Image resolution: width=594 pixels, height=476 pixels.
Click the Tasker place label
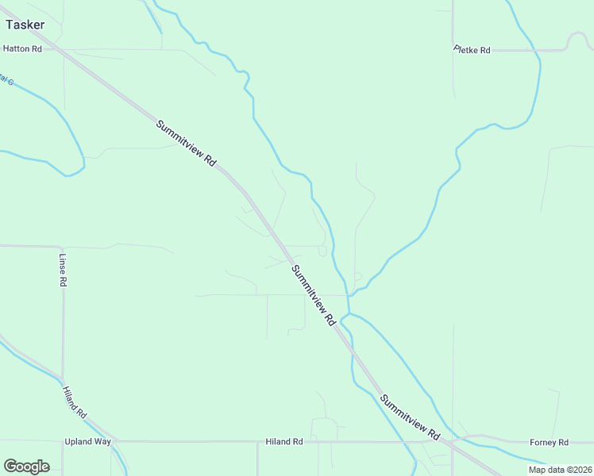click(25, 25)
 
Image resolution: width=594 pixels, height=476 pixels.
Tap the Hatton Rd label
click(21, 48)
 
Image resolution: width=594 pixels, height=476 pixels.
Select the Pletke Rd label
click(472, 50)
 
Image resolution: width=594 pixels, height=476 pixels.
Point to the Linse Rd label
click(63, 270)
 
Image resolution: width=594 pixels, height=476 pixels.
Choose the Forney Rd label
click(550, 442)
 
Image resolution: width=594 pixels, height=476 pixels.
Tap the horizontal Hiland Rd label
click(284, 442)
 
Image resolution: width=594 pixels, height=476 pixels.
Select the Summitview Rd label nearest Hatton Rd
click(187, 142)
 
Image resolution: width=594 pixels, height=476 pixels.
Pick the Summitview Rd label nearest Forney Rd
click(410, 417)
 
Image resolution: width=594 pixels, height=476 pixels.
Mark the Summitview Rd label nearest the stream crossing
click(312, 296)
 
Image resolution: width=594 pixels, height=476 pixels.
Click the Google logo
click(26, 466)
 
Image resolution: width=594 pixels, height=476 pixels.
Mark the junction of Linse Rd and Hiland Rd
click(63, 378)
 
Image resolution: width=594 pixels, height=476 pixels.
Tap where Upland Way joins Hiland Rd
click(116, 441)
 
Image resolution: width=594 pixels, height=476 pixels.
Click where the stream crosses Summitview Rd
click(344, 319)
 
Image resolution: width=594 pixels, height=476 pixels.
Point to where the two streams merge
click(349, 296)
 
